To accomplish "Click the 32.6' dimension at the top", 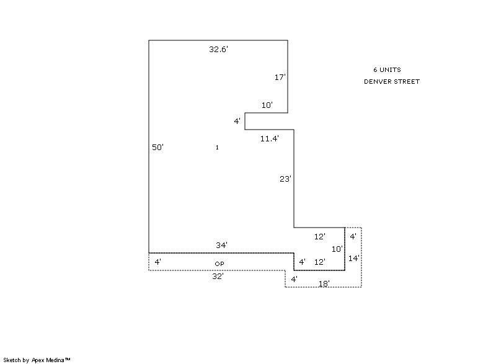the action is pyautogui.click(x=218, y=50).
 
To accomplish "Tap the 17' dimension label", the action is pyautogui.click(x=280, y=77).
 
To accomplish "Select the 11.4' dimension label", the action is pyautogui.click(x=270, y=138).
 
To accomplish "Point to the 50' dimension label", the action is pyautogui.click(x=157, y=148).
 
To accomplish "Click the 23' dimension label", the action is pyautogui.click(x=285, y=179).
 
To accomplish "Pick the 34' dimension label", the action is pyautogui.click(x=221, y=245).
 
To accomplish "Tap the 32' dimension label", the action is pyautogui.click(x=218, y=277).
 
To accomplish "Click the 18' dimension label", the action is pyautogui.click(x=324, y=283).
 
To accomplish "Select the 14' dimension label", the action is pyautogui.click(x=353, y=259).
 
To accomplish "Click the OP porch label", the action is pyautogui.click(x=219, y=264).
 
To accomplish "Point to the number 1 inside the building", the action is pyautogui.click(x=217, y=148).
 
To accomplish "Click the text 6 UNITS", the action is pyautogui.click(x=387, y=69).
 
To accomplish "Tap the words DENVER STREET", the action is pyautogui.click(x=392, y=82).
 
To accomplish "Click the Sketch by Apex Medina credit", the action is pyautogui.click(x=37, y=360).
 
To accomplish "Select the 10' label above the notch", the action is pyautogui.click(x=267, y=105).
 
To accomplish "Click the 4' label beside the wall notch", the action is pyautogui.click(x=237, y=121).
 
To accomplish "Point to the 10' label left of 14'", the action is pyautogui.click(x=337, y=249).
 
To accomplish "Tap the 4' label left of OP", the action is pyautogui.click(x=158, y=262).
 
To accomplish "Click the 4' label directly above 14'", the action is pyautogui.click(x=353, y=236).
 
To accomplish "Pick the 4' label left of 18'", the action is pyautogui.click(x=294, y=279).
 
